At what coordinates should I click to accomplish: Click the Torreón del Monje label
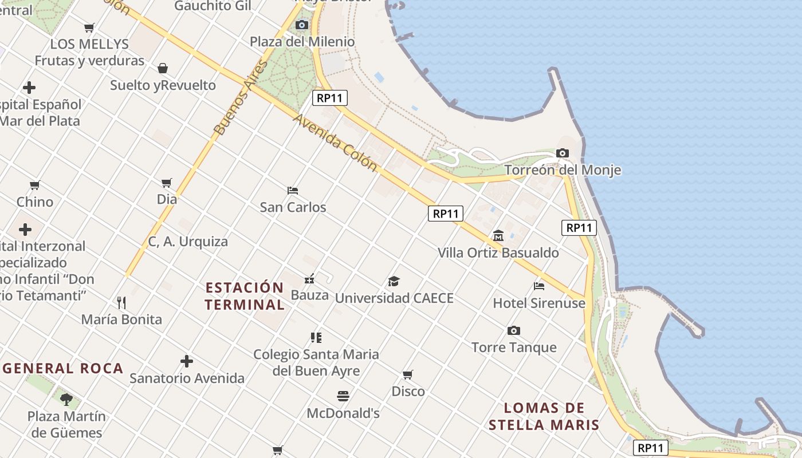tap(563, 170)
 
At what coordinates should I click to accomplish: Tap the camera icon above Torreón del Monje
tap(563, 153)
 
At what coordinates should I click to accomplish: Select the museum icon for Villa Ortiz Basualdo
tap(498, 235)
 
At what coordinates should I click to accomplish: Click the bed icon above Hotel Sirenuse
tap(539, 286)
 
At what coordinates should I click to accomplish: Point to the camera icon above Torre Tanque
tap(514, 330)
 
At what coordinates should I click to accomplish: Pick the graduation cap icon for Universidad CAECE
tap(394, 281)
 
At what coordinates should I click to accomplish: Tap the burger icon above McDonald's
tap(343, 396)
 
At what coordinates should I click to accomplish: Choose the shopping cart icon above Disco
tap(408, 374)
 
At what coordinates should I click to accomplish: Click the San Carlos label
tap(293, 207)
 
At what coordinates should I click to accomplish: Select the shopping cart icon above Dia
tap(167, 183)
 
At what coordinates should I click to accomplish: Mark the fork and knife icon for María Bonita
tap(121, 302)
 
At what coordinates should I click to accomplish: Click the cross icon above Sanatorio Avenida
tap(187, 361)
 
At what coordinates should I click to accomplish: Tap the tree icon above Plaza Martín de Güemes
tap(66, 399)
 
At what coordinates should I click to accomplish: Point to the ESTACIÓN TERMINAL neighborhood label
tap(245, 296)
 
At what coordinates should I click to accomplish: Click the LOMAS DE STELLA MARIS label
tap(544, 416)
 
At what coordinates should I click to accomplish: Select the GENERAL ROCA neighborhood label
tap(63, 368)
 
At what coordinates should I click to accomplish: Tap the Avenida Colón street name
tap(336, 143)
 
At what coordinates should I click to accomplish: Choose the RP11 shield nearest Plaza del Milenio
tap(331, 98)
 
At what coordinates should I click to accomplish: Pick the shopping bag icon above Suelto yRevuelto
tap(163, 68)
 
